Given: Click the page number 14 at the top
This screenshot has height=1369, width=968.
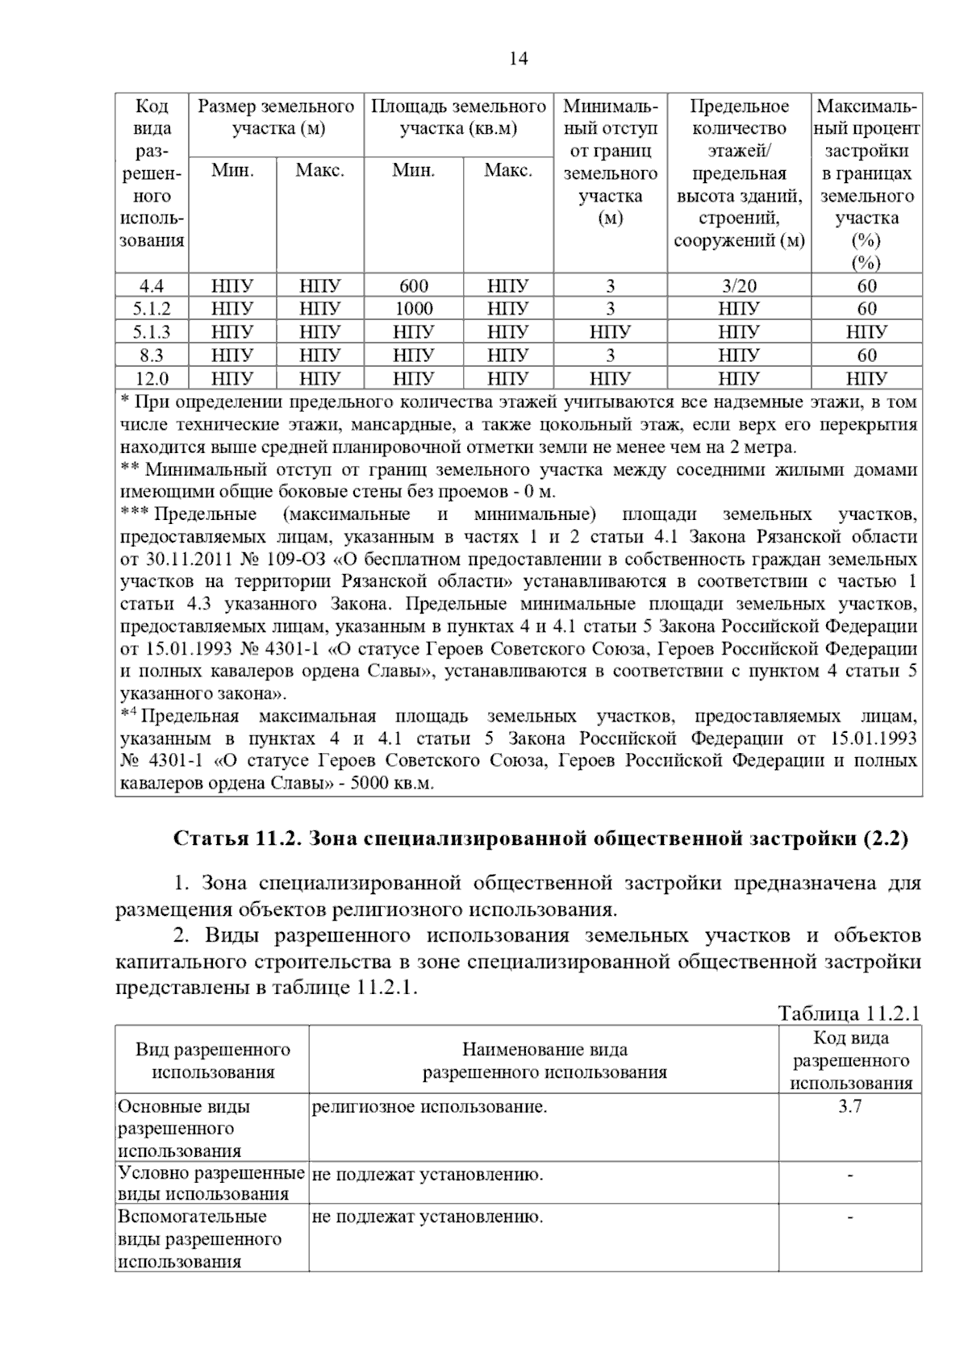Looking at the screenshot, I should tap(519, 59).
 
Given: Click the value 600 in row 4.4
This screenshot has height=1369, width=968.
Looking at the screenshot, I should tap(414, 285).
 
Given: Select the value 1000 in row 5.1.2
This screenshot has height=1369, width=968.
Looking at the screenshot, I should tap(414, 309).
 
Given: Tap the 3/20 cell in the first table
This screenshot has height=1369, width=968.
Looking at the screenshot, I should tap(739, 285).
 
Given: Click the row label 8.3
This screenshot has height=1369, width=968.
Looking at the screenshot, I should tap(152, 355).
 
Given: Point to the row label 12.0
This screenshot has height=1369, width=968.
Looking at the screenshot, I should tap(152, 378).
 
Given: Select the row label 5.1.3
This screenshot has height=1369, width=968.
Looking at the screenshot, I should tap(152, 332).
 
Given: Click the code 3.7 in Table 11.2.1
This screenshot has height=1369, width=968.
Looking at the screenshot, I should tap(850, 1107).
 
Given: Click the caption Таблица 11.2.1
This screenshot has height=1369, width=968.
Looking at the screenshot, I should tap(849, 1013).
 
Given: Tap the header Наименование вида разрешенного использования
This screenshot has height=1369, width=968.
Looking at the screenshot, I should tap(544, 1060).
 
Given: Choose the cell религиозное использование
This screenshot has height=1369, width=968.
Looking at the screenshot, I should tap(429, 1107).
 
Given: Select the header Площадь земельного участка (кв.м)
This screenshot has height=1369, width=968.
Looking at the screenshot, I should tap(458, 118).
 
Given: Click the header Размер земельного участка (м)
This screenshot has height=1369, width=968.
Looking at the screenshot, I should tap(276, 118).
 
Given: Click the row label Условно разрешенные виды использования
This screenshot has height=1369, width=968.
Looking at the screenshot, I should tap(211, 1184).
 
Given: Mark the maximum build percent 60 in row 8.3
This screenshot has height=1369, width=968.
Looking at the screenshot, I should tap(867, 355).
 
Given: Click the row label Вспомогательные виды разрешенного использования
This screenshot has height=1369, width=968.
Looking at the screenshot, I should tap(199, 1239).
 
